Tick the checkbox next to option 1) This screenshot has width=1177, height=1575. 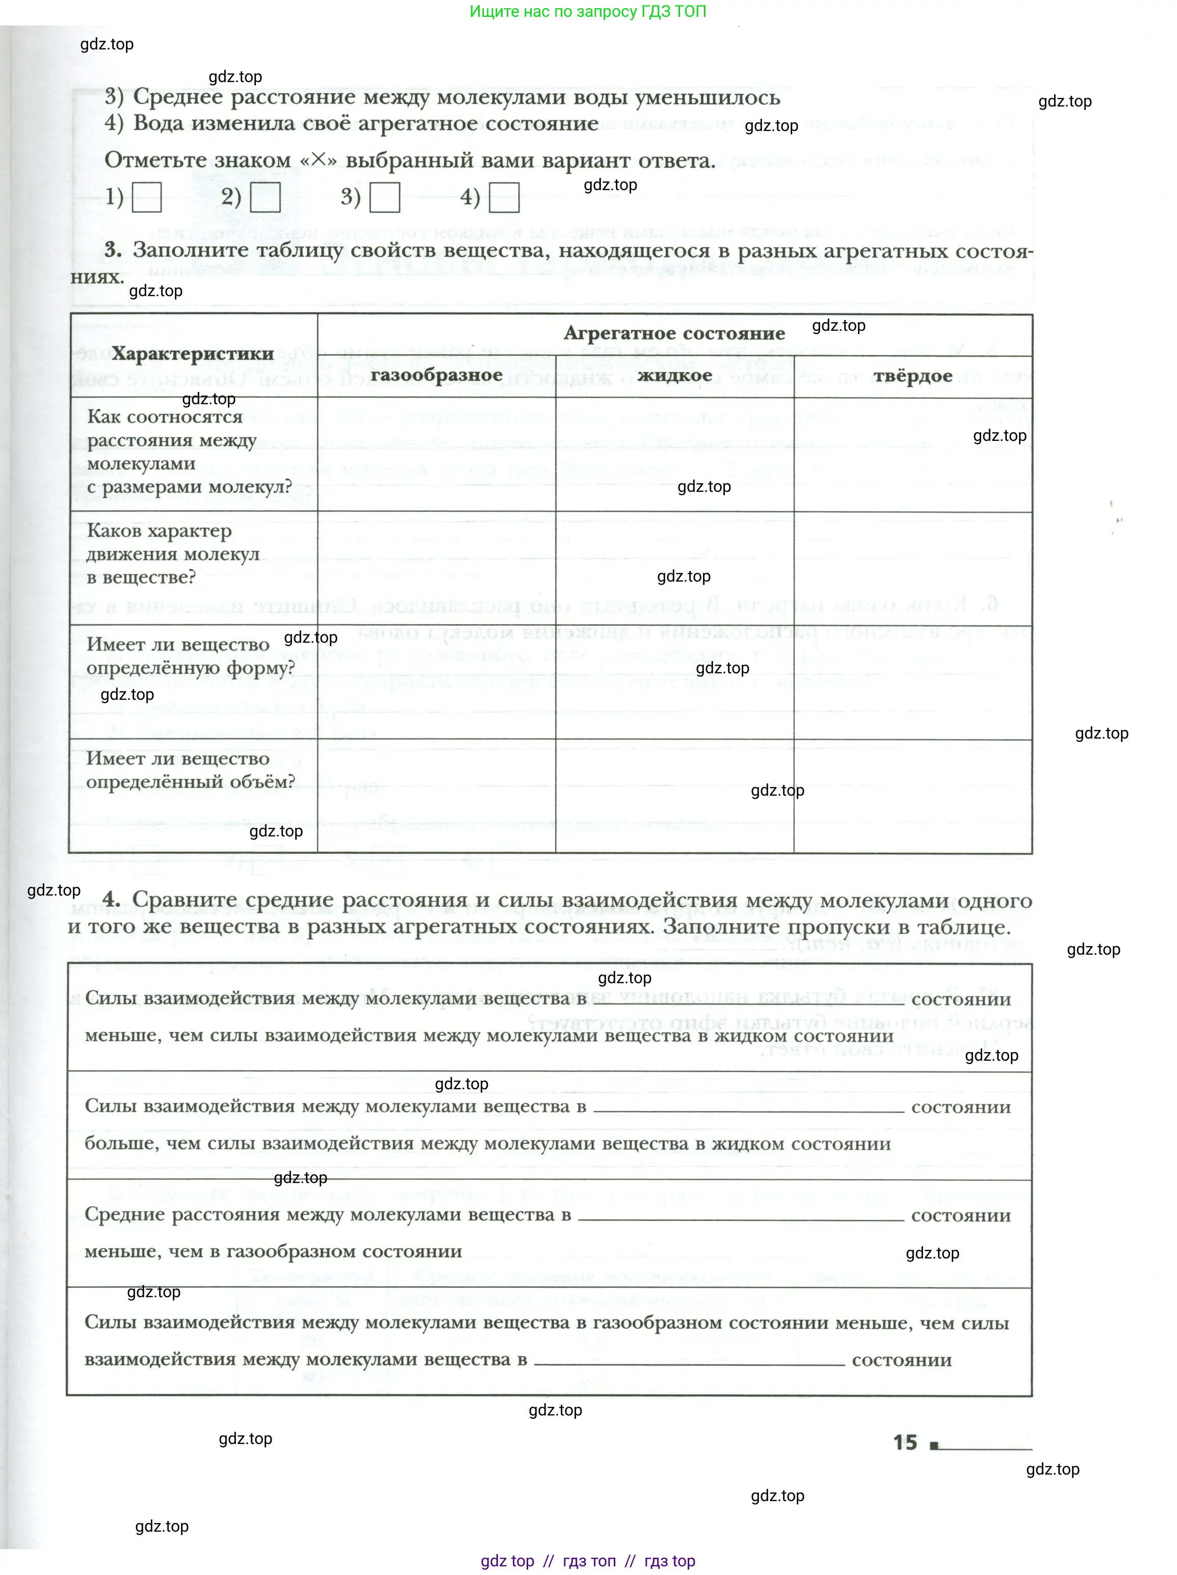(x=147, y=197)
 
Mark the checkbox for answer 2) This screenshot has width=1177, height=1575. (x=265, y=197)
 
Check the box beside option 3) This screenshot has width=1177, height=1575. (x=384, y=197)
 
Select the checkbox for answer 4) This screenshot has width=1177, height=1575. (x=504, y=197)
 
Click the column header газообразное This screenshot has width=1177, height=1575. (x=436, y=375)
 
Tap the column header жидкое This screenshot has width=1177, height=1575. (x=674, y=375)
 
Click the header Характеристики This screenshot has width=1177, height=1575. (x=192, y=354)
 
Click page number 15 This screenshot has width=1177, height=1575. (x=905, y=1442)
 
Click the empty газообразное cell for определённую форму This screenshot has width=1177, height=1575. (x=436, y=682)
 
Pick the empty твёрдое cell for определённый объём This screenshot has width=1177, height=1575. (x=913, y=796)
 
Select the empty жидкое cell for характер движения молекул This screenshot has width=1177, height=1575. (x=674, y=568)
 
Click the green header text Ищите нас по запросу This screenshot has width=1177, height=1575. (x=587, y=11)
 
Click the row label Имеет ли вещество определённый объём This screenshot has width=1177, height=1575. (x=190, y=770)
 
